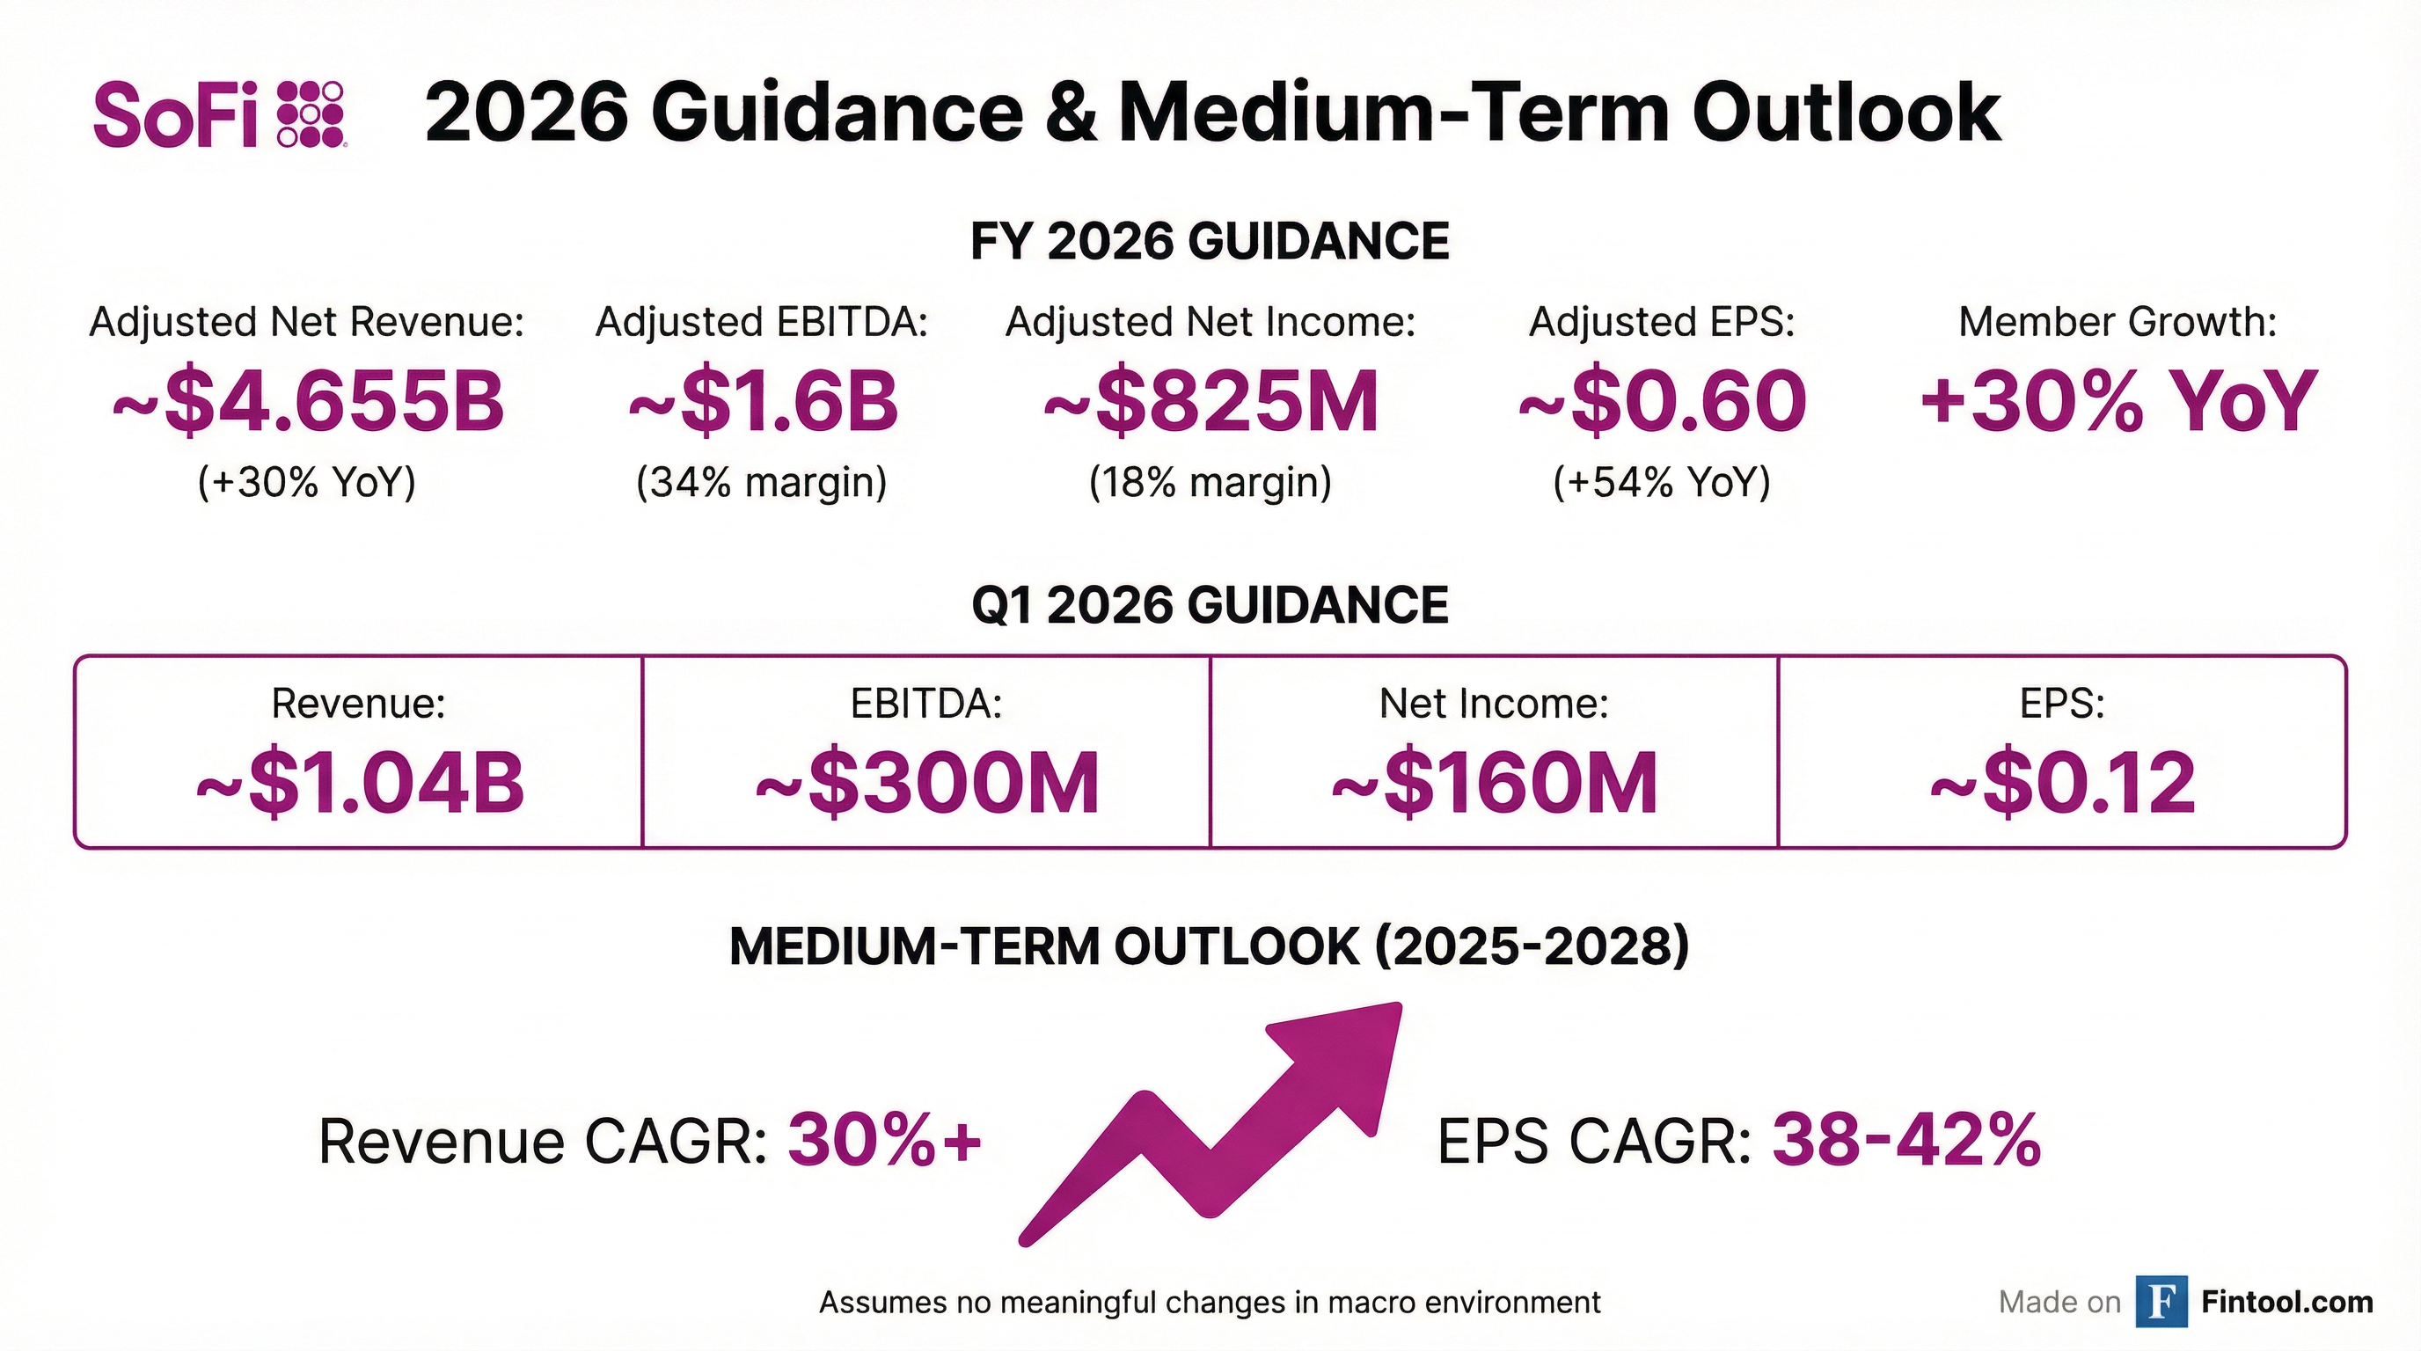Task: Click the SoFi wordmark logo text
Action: (x=176, y=114)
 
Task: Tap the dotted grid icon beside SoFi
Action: (x=311, y=114)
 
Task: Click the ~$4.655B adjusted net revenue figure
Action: (x=307, y=402)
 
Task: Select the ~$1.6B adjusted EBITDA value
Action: (x=762, y=402)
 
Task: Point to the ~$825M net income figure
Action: (x=1210, y=402)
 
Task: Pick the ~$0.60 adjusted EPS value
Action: (x=1662, y=402)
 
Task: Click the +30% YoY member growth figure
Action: (x=2117, y=402)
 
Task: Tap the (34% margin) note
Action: (x=762, y=482)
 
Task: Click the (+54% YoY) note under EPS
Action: (x=1662, y=482)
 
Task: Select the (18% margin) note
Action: (x=1210, y=482)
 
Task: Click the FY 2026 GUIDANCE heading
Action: (x=1210, y=242)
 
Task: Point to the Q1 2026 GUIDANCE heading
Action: (x=1210, y=604)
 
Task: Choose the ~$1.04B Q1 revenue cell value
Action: (x=359, y=783)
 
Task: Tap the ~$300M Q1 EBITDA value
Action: (x=926, y=783)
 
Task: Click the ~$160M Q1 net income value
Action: (x=1495, y=783)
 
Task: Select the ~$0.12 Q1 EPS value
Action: (x=2062, y=783)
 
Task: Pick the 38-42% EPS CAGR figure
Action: (x=1906, y=1141)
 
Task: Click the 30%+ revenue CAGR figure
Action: (x=884, y=1141)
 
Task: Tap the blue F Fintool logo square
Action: (x=2161, y=1301)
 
